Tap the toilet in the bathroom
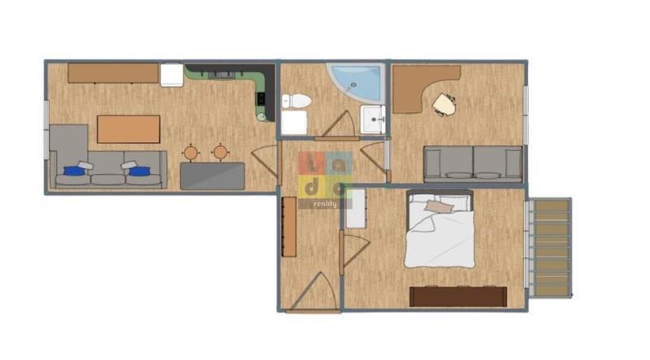tap(297, 101)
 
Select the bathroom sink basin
tap(373, 119)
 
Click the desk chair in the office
tap(444, 105)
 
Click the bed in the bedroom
tap(440, 229)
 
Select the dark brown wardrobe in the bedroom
tap(458, 297)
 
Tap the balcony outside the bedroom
tap(551, 248)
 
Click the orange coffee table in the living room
tap(128, 129)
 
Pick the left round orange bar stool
tap(191, 153)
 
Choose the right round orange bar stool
tap(220, 152)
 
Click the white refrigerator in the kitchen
tap(171, 75)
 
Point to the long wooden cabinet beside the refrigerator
tap(113, 73)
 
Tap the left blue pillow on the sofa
tap(74, 171)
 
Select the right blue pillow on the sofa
tap(140, 171)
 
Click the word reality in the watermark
tap(326, 204)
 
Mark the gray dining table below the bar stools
tap(212, 176)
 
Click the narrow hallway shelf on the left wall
tap(289, 227)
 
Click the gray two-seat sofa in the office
tap(473, 164)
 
